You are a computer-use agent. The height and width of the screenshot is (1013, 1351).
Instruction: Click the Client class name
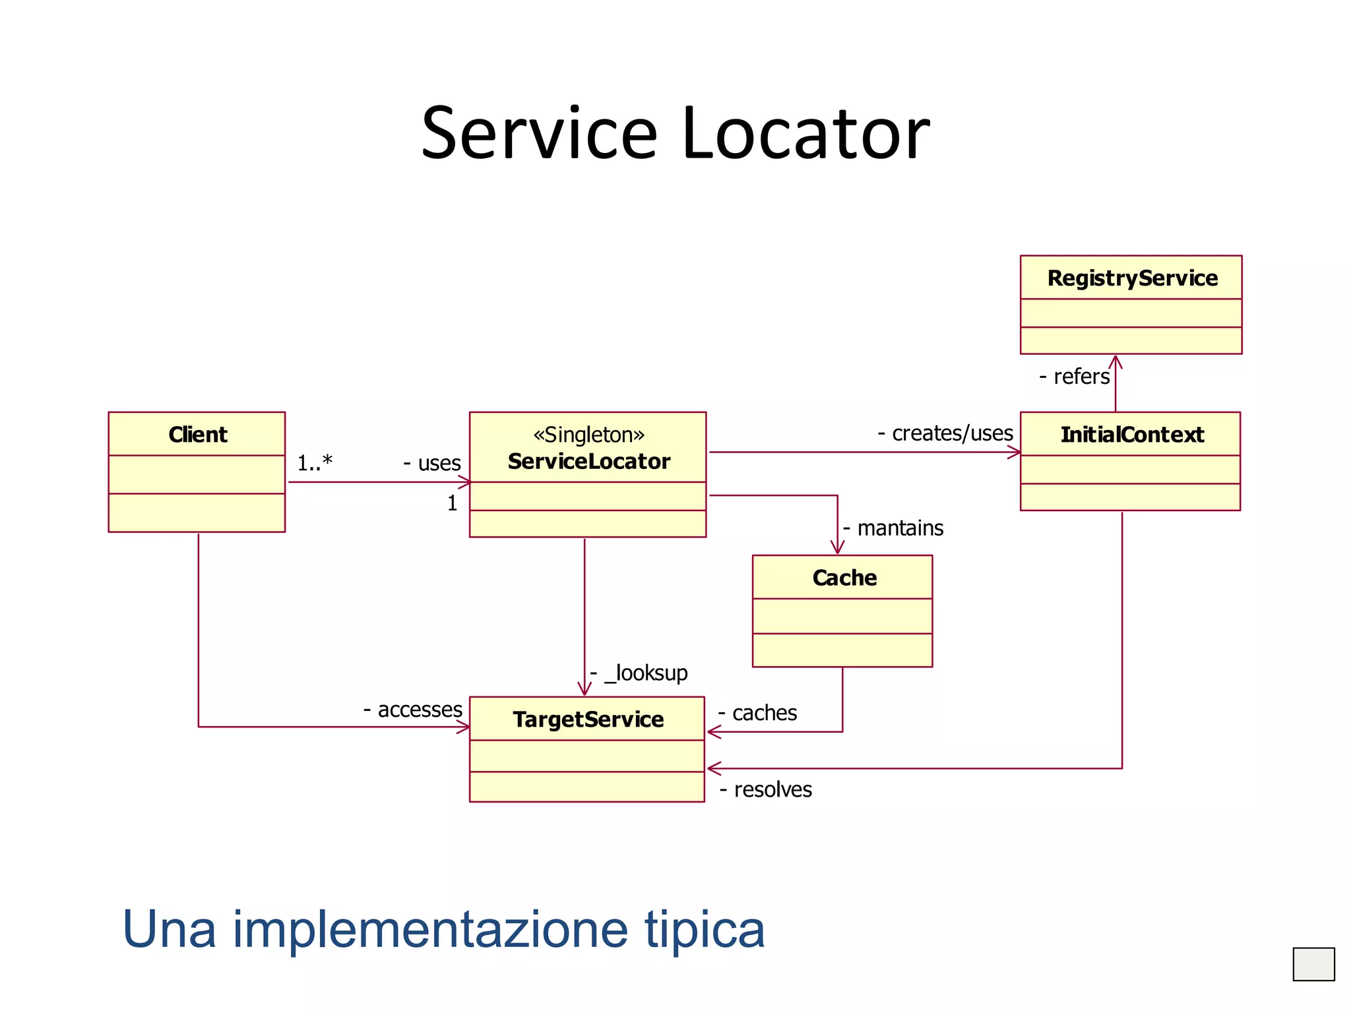pyautogui.click(x=198, y=435)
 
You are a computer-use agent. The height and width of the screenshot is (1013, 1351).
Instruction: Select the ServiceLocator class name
pyautogui.click(x=588, y=461)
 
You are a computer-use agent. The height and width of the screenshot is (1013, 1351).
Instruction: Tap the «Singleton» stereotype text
pyautogui.click(x=588, y=435)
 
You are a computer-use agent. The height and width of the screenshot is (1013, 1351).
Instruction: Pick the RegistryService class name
pyautogui.click(x=1132, y=278)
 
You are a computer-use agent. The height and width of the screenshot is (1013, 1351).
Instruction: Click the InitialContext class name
pyautogui.click(x=1132, y=435)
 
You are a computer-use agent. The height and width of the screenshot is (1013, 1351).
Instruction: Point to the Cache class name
pyautogui.click(x=844, y=578)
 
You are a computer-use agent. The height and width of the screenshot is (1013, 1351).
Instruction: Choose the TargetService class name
pyautogui.click(x=588, y=720)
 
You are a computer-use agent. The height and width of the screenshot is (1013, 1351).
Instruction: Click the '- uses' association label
pyautogui.click(x=432, y=463)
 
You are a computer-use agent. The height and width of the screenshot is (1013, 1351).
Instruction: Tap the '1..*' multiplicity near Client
pyautogui.click(x=315, y=463)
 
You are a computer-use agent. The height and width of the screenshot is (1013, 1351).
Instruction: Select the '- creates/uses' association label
pyautogui.click(x=945, y=433)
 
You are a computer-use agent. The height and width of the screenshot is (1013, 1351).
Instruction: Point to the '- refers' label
pyautogui.click(x=1075, y=377)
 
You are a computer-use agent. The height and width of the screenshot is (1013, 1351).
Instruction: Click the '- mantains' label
pyautogui.click(x=893, y=528)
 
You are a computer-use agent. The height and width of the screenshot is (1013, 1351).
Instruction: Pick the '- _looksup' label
pyautogui.click(x=639, y=673)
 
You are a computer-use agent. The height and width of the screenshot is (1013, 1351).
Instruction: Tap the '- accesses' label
pyautogui.click(x=413, y=710)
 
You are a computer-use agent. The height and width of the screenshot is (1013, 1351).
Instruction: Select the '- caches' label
pyautogui.click(x=757, y=713)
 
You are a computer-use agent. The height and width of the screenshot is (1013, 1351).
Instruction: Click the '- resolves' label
pyautogui.click(x=766, y=789)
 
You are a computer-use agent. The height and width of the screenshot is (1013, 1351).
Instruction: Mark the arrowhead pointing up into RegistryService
pyautogui.click(x=1115, y=361)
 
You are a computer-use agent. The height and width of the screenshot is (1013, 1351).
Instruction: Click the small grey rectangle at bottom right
pyautogui.click(x=1313, y=964)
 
